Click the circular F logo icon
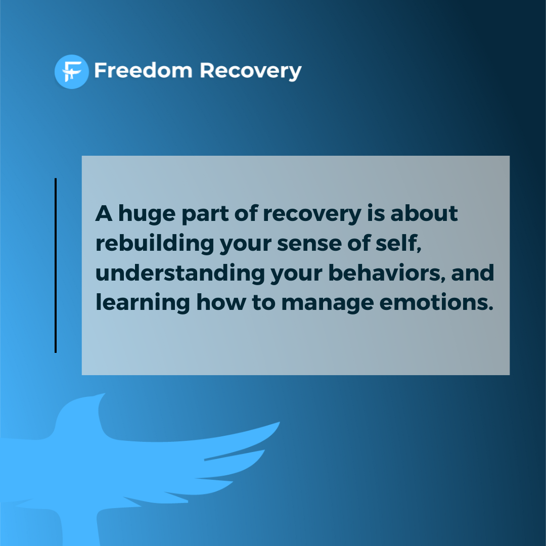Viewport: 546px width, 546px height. pos(71,71)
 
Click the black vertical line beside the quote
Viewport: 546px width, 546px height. pos(56,265)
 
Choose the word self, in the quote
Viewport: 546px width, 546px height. pos(403,244)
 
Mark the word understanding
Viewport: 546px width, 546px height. pos(179,274)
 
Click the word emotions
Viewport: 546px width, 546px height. pos(435,302)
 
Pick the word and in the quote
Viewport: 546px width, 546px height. pos(472,273)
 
